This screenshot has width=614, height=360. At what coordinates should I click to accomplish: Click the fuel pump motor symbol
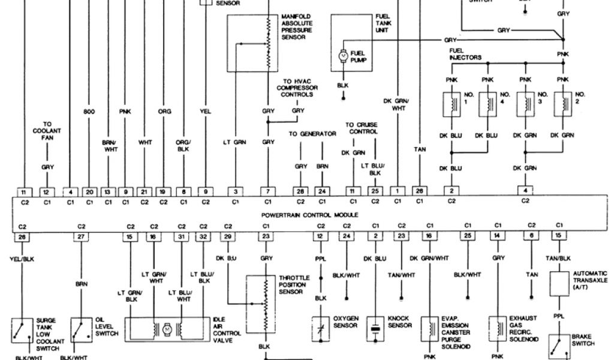pyautogui.click(x=344, y=55)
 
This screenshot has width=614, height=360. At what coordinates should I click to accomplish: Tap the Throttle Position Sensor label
pyautogui.click(x=293, y=284)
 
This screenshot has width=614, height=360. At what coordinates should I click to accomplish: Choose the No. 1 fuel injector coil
pyautogui.click(x=449, y=104)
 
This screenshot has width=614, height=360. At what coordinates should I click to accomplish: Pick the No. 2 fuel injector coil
pyautogui.click(x=563, y=104)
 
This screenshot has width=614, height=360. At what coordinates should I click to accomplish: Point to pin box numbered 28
pyautogui.click(x=300, y=191)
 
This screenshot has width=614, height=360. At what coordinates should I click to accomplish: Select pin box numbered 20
pyautogui.click(x=89, y=191)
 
